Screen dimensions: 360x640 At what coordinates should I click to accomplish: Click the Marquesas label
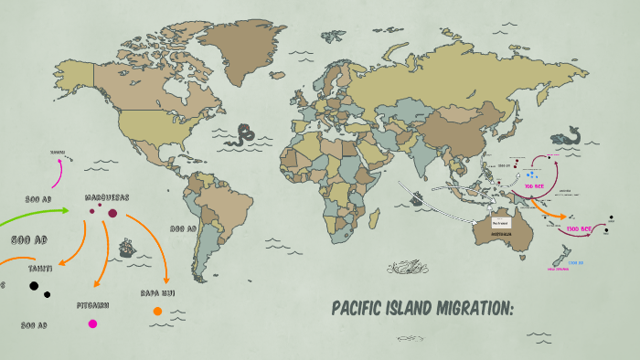(107, 197)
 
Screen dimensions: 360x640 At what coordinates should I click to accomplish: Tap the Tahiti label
(40, 269)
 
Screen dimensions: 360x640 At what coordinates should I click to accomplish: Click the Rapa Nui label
(157, 293)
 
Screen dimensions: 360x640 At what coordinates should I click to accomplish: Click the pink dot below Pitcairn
(92, 323)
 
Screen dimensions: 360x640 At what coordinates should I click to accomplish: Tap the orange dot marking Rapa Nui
(157, 312)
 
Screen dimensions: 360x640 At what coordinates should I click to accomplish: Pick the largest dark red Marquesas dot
(112, 214)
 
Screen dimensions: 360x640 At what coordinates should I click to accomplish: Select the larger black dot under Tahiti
(34, 287)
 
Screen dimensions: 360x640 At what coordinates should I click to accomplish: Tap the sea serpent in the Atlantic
(244, 135)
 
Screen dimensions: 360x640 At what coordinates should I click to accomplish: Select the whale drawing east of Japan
(572, 138)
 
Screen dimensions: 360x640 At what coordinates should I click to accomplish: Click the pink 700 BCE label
(534, 186)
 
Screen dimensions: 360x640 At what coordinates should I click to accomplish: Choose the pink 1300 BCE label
(579, 228)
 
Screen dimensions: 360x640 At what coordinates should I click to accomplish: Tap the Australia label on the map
(498, 233)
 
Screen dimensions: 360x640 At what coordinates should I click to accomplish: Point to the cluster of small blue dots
(531, 174)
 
